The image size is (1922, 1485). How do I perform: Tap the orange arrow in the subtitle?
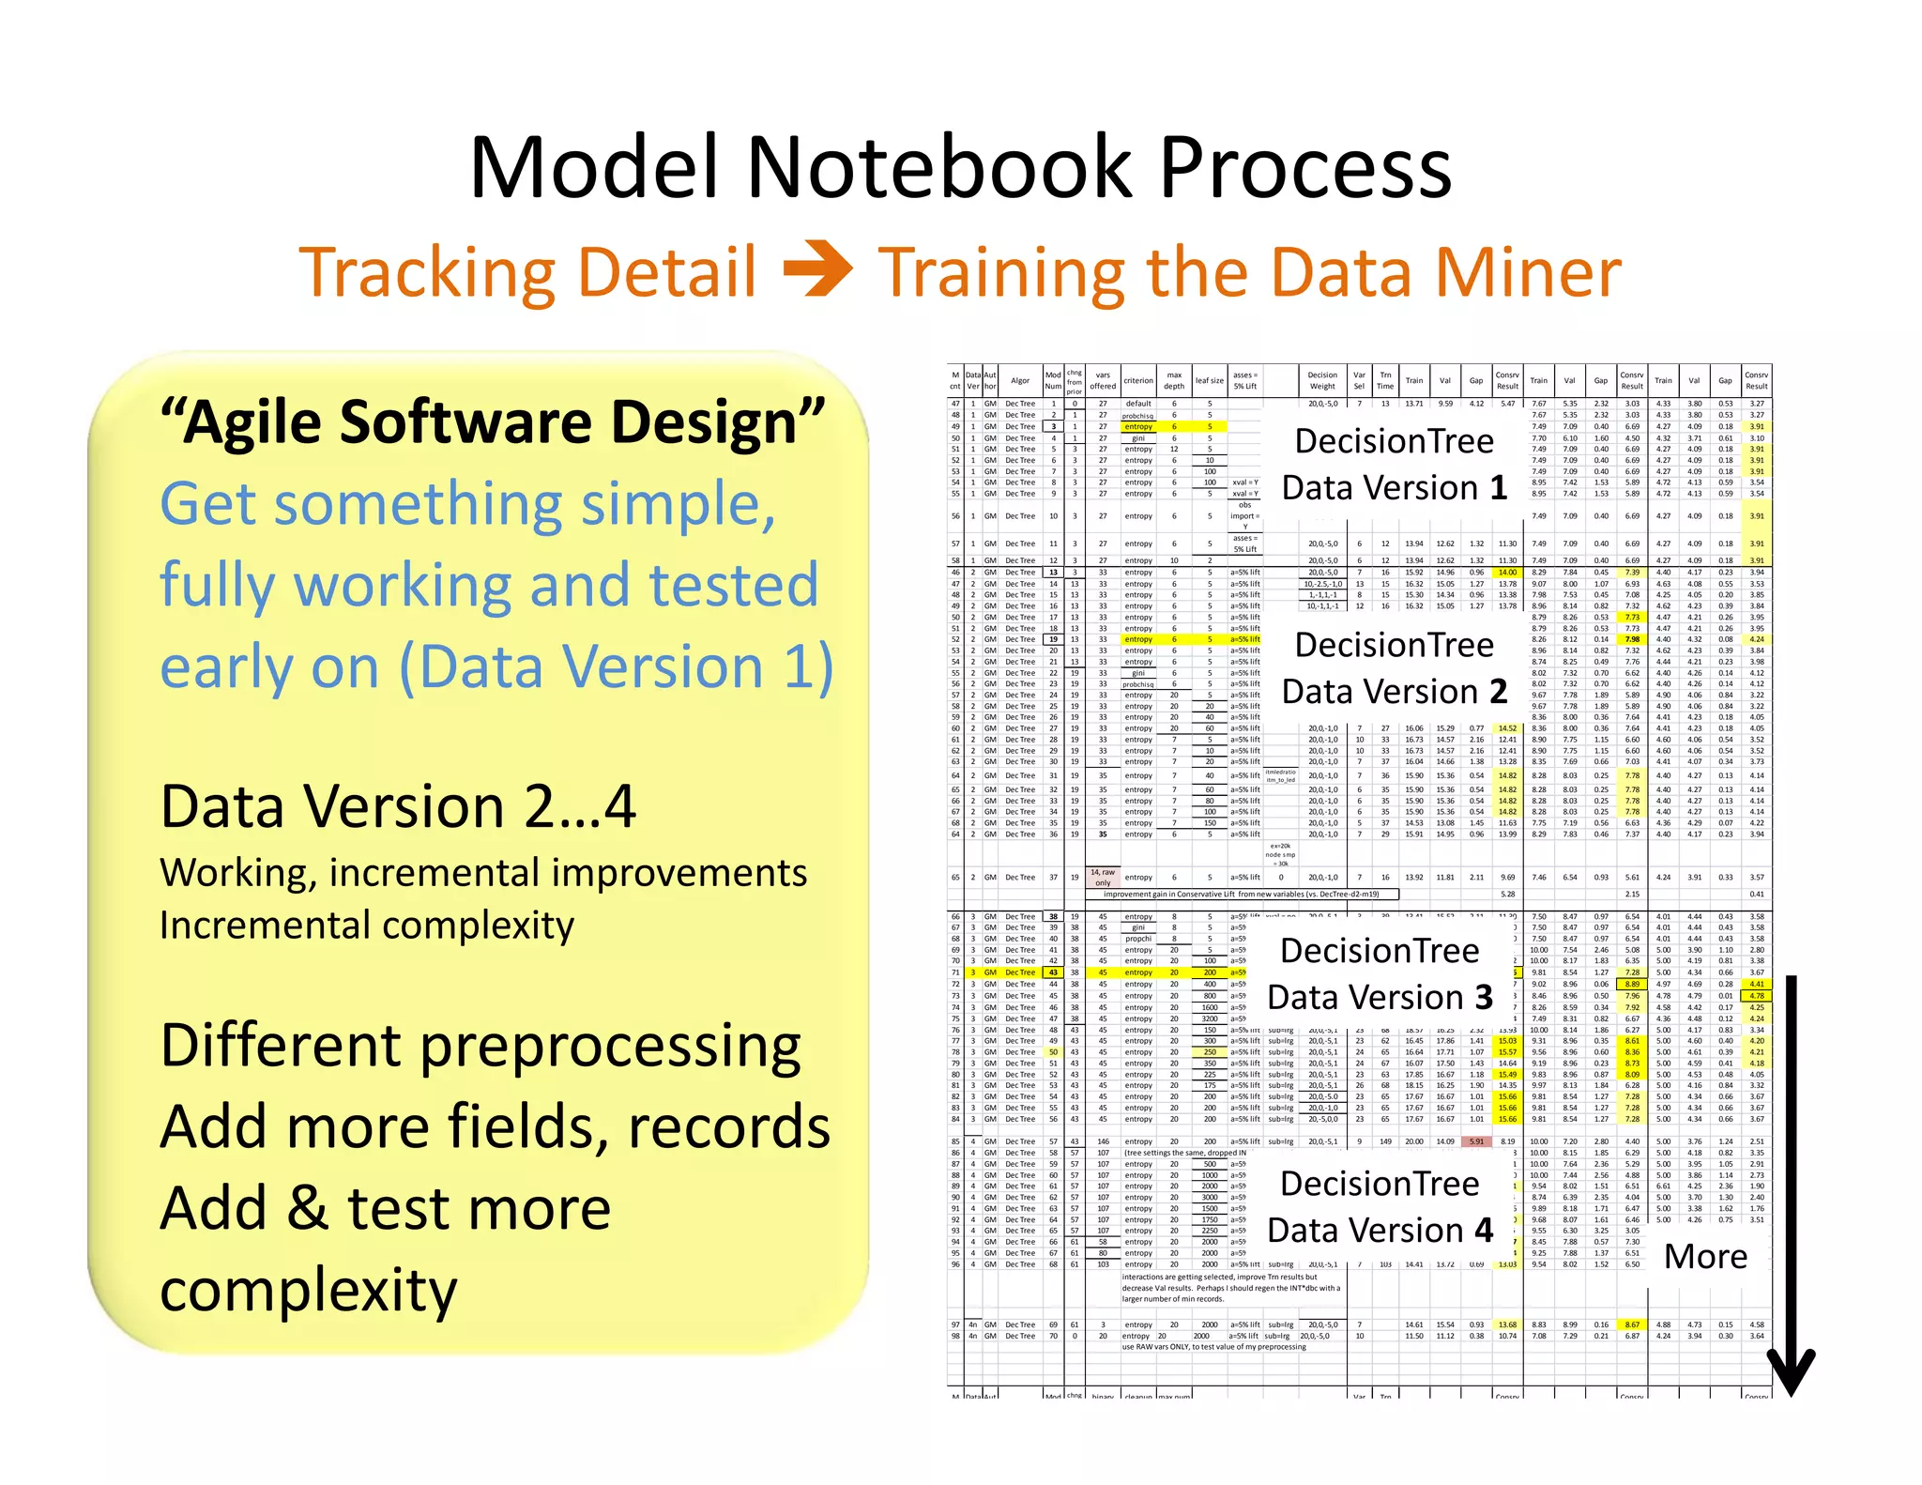(817, 269)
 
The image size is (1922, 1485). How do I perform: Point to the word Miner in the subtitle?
(1527, 273)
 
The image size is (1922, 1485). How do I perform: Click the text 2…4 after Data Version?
(580, 806)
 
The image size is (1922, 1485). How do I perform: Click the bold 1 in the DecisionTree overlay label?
(1498, 488)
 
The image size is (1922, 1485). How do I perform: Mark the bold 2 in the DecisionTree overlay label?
(1498, 692)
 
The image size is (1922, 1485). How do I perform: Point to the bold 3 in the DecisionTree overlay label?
(1483, 997)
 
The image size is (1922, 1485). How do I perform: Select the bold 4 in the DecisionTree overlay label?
(1483, 1230)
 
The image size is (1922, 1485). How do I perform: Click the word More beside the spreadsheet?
(1705, 1256)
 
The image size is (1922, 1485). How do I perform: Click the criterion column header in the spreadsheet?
(1138, 380)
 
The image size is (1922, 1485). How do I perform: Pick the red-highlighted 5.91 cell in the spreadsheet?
(1477, 1141)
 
